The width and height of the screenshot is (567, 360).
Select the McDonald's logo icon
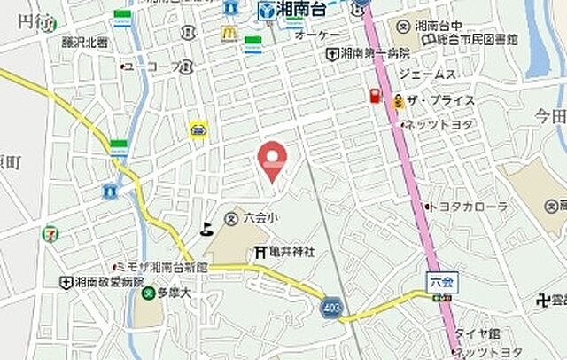tap(229, 33)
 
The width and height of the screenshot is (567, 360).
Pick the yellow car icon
tap(198, 129)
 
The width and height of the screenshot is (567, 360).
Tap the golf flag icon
tap(207, 229)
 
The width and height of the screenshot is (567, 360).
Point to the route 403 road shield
tap(330, 306)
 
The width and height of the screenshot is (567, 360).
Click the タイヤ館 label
tap(478, 334)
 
